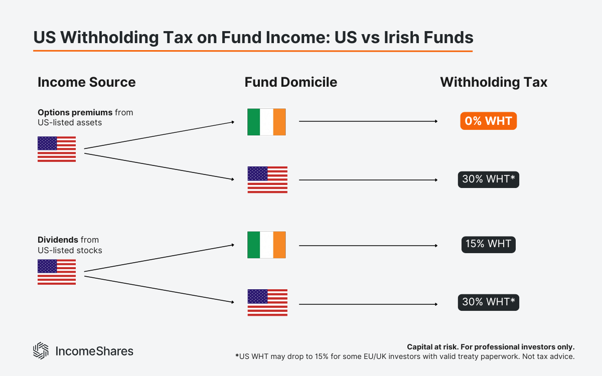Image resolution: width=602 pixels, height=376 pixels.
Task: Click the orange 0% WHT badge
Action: coord(488,121)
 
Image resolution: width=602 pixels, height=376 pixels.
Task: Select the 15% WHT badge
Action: coord(488,244)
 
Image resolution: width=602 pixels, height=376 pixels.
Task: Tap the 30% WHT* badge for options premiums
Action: coord(488,179)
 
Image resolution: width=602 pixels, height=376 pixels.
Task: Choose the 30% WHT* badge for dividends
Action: coord(488,302)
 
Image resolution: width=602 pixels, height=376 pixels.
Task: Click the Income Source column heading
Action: coord(86,82)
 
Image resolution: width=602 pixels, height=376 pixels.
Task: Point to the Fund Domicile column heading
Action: coord(291,82)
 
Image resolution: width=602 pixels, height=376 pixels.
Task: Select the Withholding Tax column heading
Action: coord(494,82)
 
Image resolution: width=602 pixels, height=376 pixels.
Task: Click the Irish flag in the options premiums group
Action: coord(266,122)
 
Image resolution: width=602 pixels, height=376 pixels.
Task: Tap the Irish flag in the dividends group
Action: coord(266,245)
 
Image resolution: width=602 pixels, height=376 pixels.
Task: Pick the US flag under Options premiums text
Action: coord(57,149)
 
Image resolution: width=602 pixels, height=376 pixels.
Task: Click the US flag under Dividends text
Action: coord(57,272)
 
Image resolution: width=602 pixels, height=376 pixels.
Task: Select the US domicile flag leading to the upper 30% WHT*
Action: coord(267,179)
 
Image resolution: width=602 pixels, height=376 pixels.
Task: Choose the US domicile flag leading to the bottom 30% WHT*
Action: coord(267,302)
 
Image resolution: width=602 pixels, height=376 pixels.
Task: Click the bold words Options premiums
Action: coord(75,112)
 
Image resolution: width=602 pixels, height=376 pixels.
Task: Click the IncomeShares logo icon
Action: coord(40,350)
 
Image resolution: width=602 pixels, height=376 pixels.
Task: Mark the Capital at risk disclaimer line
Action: coord(490,347)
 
